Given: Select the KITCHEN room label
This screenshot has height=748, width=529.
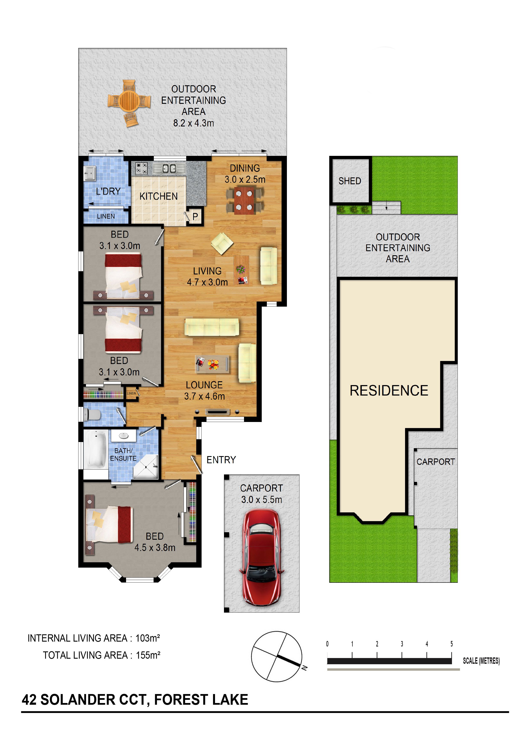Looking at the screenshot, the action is click(158, 196).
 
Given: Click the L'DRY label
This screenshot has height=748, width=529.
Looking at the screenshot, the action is click(108, 191).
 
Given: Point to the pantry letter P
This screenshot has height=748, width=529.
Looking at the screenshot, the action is click(195, 217).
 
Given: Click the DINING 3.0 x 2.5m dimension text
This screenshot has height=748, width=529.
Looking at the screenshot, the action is click(245, 180).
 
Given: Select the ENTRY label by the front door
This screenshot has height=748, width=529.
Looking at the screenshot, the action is click(221, 460).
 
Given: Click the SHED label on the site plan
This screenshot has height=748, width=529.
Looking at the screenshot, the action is click(350, 181).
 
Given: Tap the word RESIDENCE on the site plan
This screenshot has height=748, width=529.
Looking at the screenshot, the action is click(389, 391).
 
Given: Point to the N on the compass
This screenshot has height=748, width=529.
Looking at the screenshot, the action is click(304, 668).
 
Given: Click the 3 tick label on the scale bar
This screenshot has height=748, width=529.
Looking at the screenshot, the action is click(402, 644).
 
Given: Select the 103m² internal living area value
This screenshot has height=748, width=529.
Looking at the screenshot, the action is click(148, 638).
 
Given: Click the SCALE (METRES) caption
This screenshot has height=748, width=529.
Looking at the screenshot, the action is click(481, 661).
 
